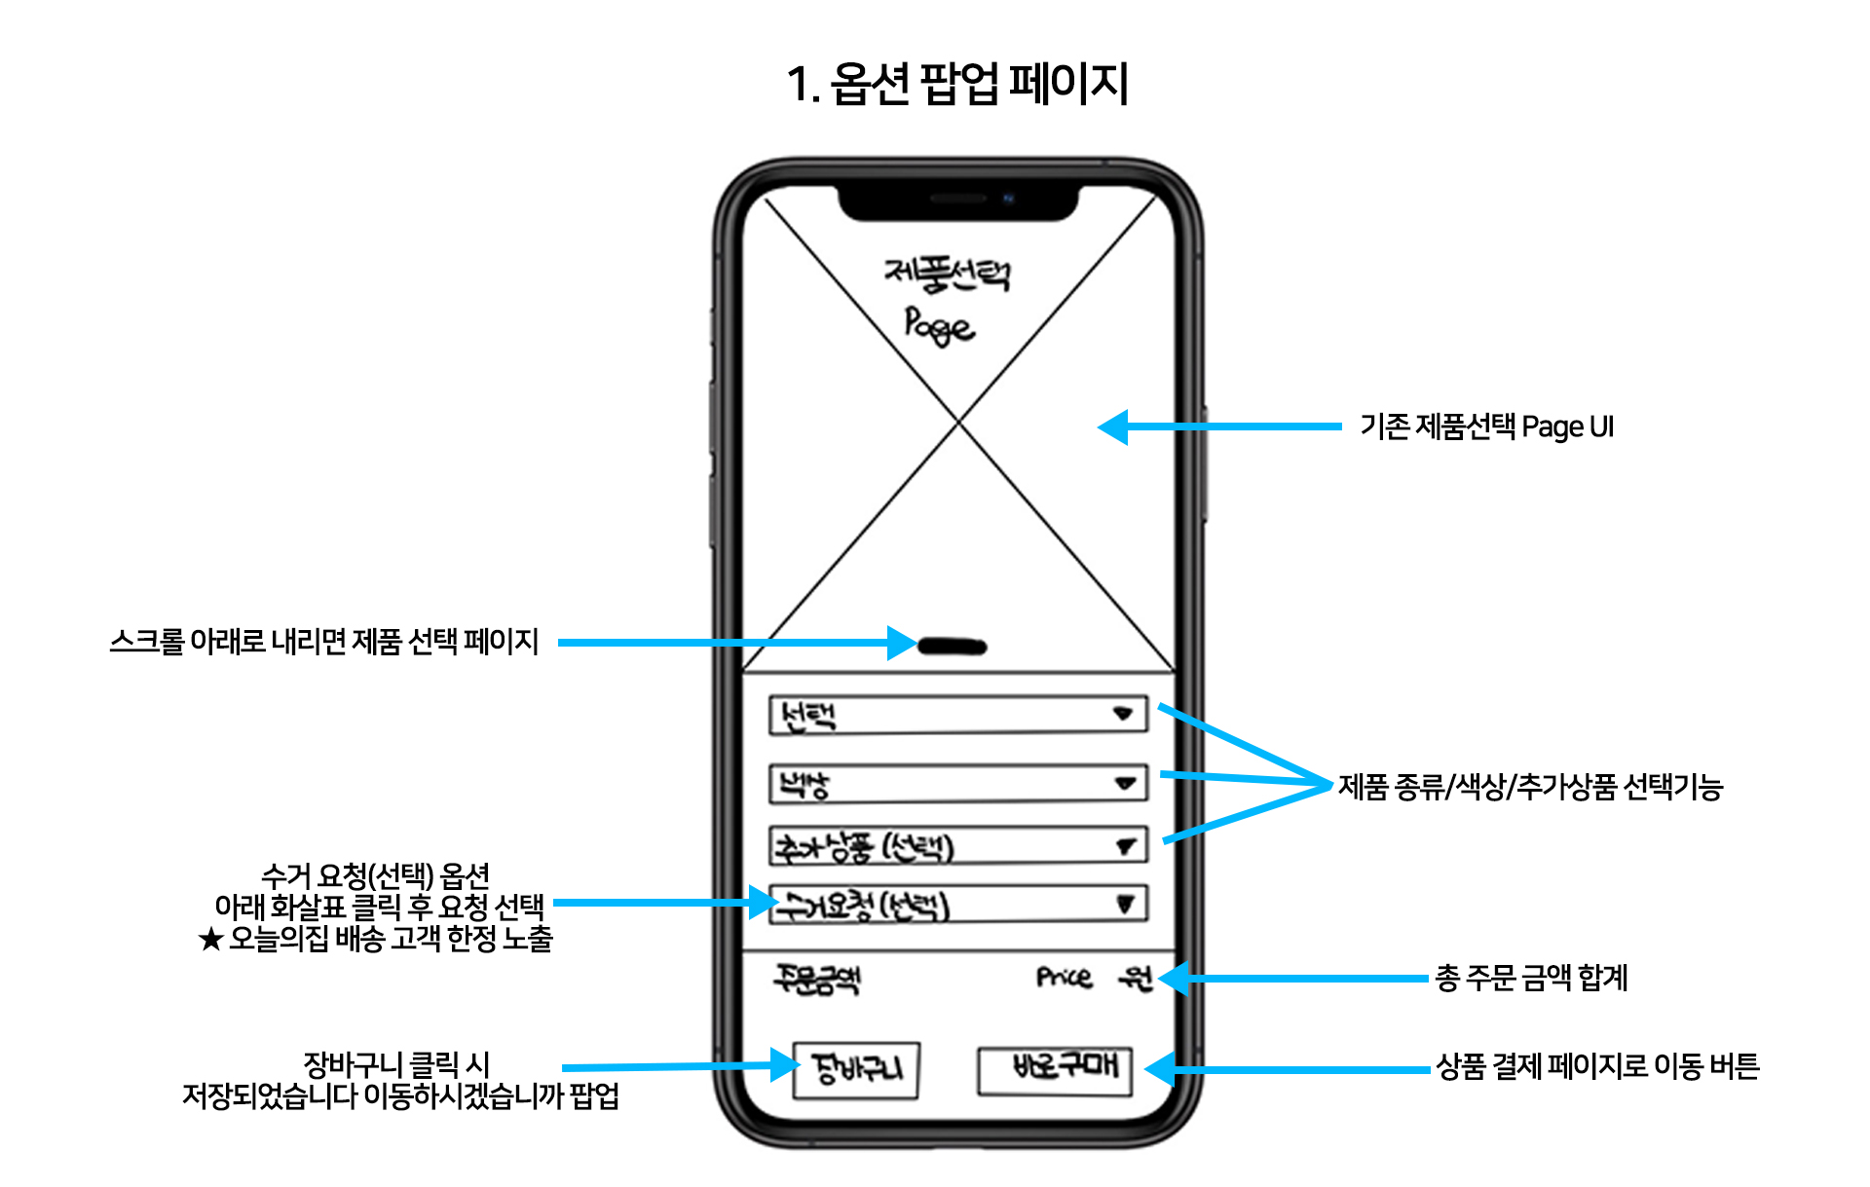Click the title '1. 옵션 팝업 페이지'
coord(957,84)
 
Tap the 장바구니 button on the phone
coord(856,1069)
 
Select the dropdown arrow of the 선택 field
coord(1123,714)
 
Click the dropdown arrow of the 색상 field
coord(1125,783)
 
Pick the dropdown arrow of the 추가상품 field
coord(1126,846)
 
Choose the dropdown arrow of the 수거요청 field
coord(1125,904)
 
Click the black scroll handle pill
coord(953,646)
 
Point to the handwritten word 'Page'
coord(939,325)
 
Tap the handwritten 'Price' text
coord(1064,977)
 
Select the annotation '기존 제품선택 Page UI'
coord(1486,427)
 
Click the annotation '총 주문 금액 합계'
coord(1531,978)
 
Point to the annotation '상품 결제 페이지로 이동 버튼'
coord(1597,1066)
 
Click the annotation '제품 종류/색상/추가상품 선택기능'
coord(1530,787)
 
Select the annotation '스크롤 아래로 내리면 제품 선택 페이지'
coord(324,642)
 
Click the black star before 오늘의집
coord(210,940)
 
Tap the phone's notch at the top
coord(958,201)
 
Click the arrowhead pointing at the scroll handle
coord(901,643)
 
